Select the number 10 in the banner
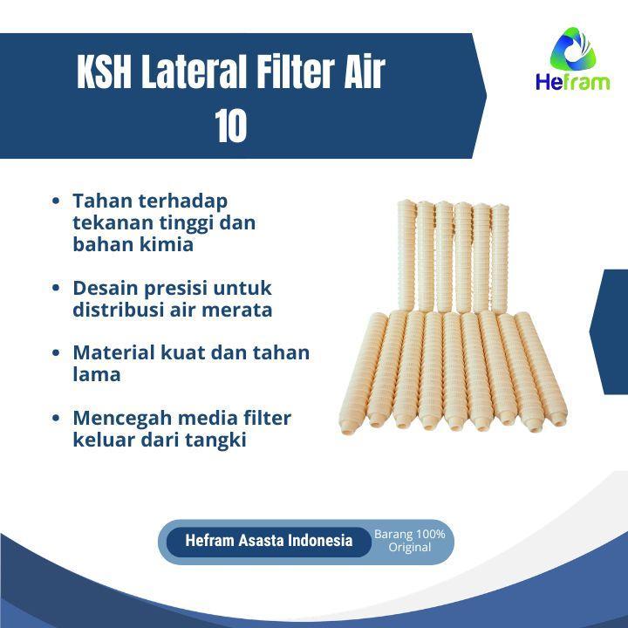pyautogui.click(x=230, y=126)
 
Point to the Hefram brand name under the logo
pyautogui.click(x=573, y=82)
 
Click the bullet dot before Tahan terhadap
pyautogui.click(x=56, y=201)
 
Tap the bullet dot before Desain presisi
pyautogui.click(x=56, y=288)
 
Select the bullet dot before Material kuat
pyautogui.click(x=56, y=352)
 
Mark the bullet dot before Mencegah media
pyautogui.click(x=56, y=418)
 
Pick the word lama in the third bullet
pyautogui.click(x=97, y=374)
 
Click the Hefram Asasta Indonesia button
pyautogui.click(x=269, y=541)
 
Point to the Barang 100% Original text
pyautogui.click(x=409, y=541)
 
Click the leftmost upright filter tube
pyautogui.click(x=407, y=256)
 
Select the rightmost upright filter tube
pyautogui.click(x=500, y=259)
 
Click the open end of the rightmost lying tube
pyautogui.click(x=558, y=419)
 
